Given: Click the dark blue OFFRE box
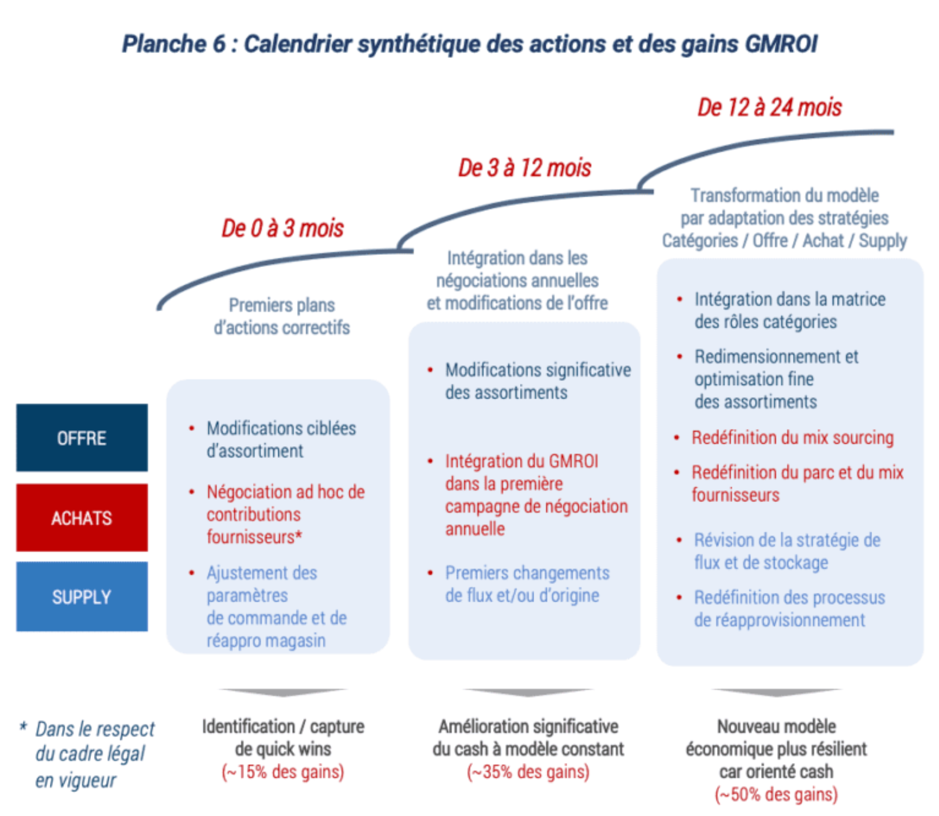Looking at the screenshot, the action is click(82, 437).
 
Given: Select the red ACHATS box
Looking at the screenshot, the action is click(82, 518).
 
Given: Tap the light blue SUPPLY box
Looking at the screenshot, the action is click(82, 596).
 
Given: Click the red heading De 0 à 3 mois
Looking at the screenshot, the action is click(282, 228).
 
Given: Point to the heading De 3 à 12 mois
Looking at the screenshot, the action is click(525, 168).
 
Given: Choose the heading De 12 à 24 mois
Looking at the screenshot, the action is click(769, 107).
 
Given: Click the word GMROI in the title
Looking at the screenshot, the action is click(781, 44).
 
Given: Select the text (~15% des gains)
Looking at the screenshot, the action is click(283, 771).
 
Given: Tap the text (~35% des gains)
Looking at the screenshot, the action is click(528, 771).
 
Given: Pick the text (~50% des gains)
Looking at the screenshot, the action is click(776, 794).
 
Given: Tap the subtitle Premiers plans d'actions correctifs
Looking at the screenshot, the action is click(282, 316).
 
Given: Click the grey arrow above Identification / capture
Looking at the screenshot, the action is click(283, 693).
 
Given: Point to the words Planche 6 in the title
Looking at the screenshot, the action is click(174, 44).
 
